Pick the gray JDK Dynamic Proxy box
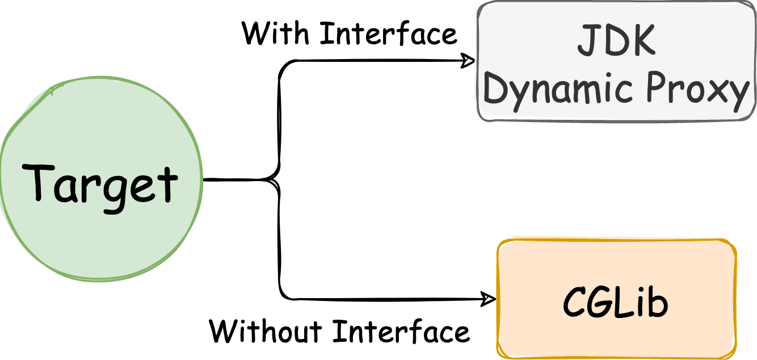[616, 62]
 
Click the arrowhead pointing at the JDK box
[469, 61]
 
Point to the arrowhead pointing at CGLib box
[489, 298]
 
